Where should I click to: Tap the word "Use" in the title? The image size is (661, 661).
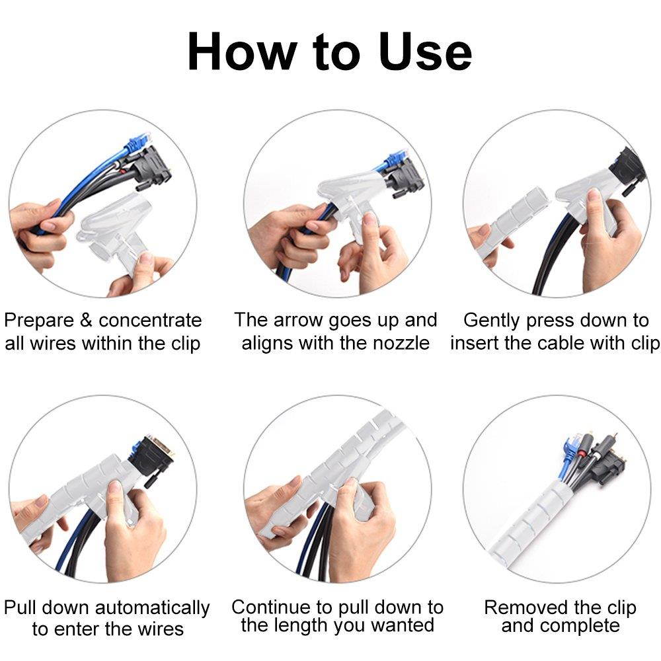coord(425,52)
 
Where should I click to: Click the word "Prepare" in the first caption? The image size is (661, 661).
coord(40,321)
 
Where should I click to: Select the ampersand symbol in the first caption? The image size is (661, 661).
coord(87,321)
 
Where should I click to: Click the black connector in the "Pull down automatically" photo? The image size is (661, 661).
coord(153,456)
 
